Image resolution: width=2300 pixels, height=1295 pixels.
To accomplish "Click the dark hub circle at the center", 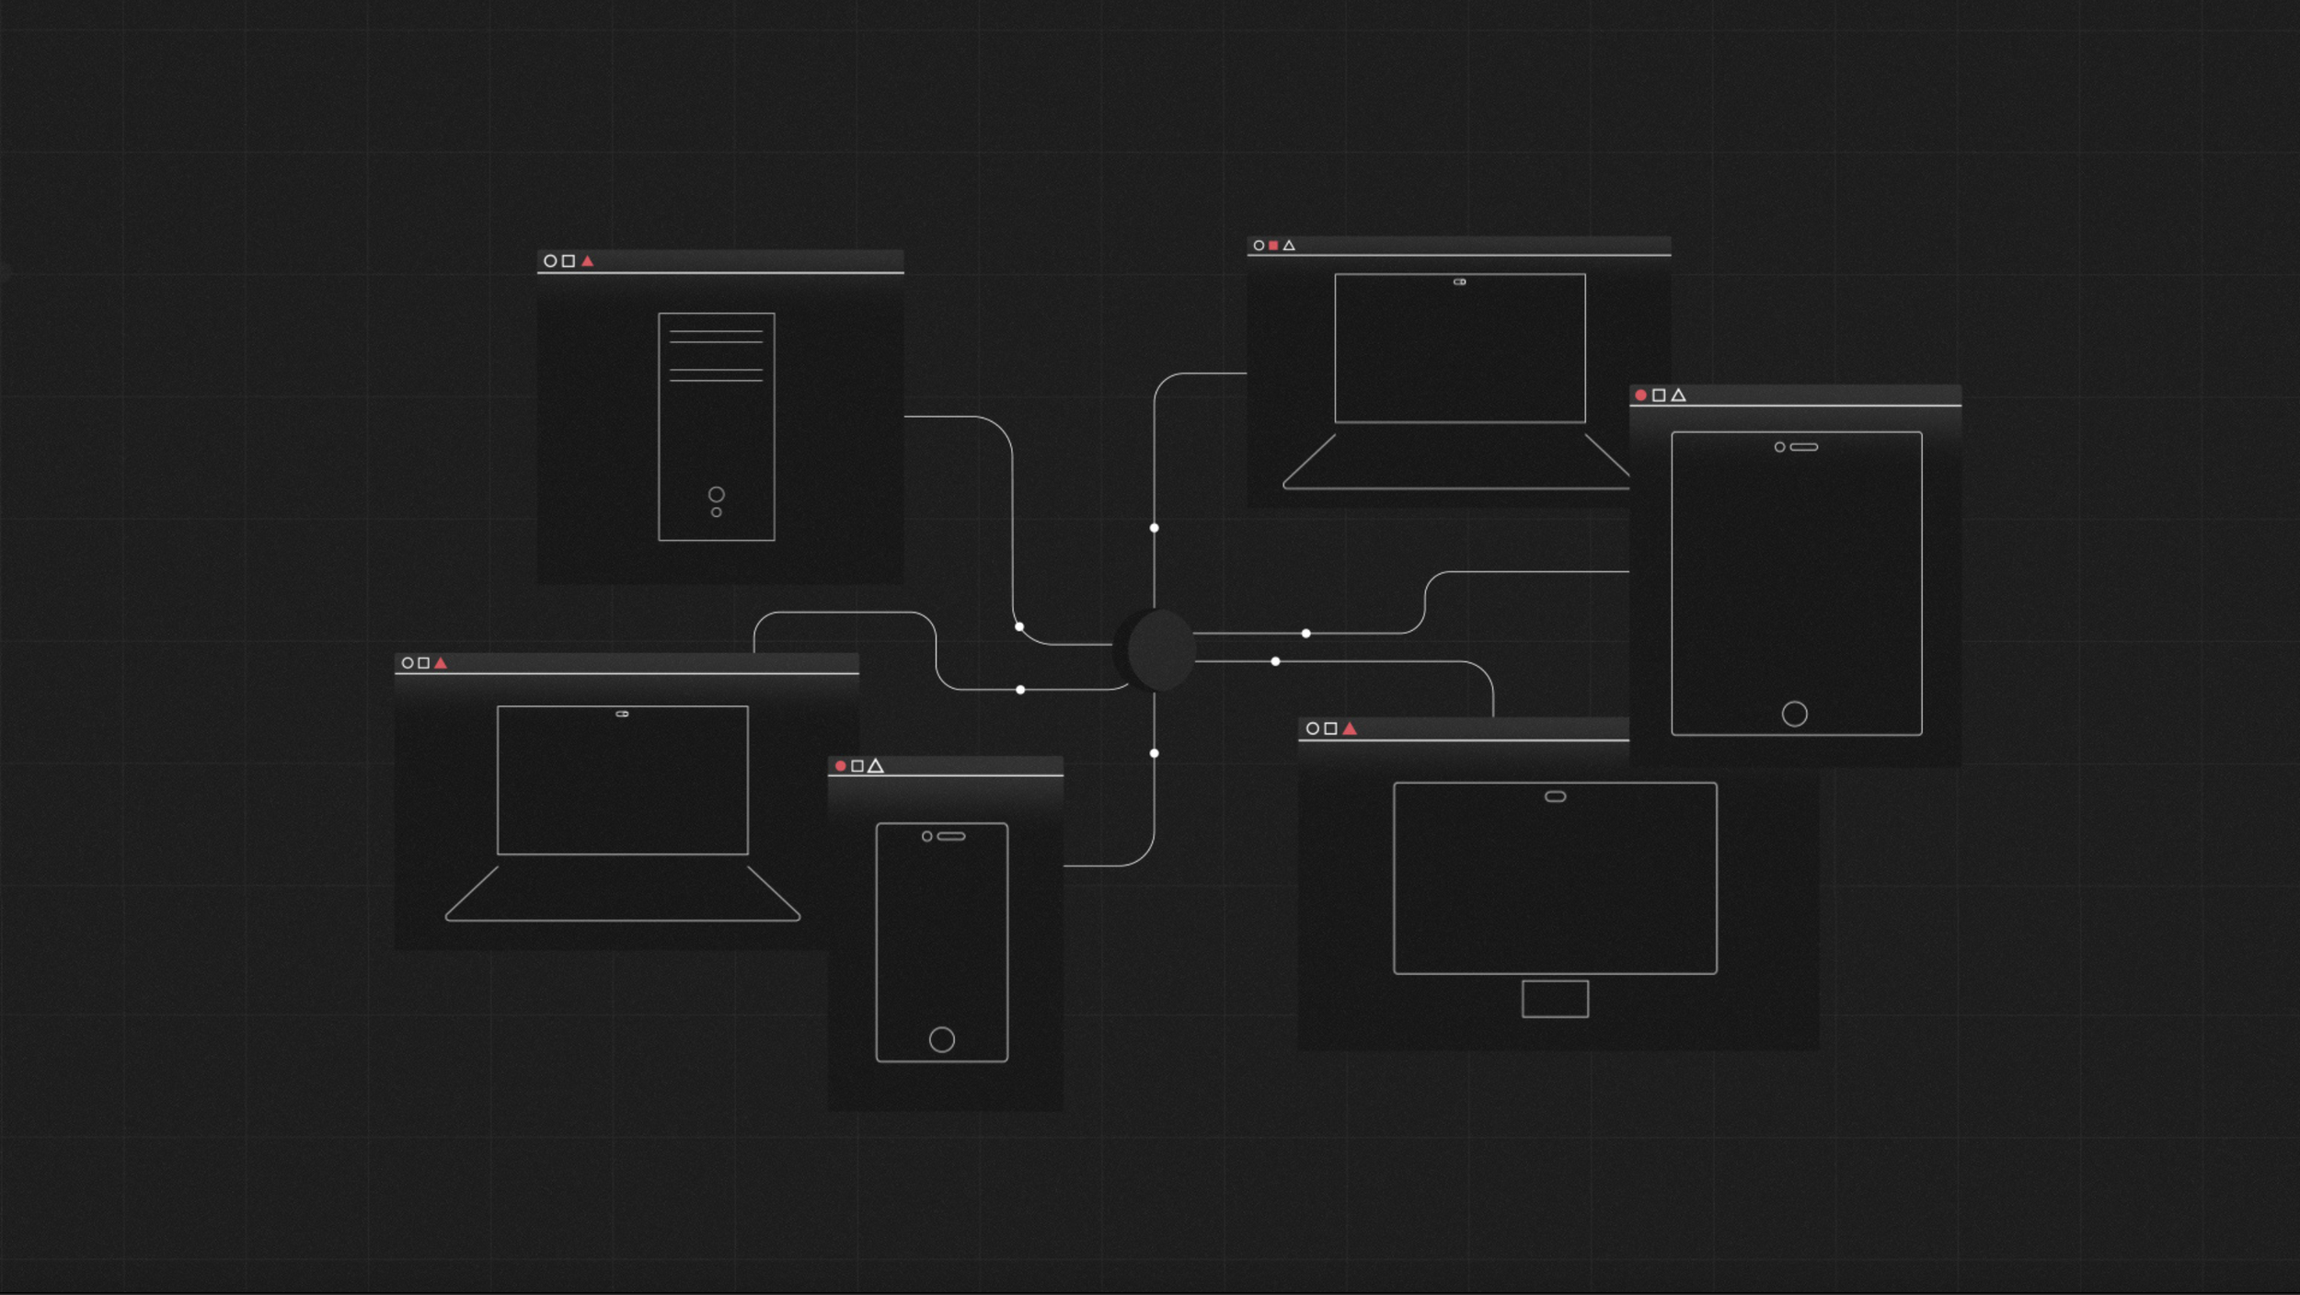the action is (1161, 649).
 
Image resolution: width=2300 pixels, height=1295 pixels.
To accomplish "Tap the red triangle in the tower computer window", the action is (588, 261).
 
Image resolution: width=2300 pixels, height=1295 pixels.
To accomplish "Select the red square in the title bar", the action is (1273, 246).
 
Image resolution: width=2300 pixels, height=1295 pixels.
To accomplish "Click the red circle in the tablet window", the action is (1640, 395).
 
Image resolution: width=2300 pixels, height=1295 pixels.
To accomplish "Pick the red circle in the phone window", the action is (840, 766).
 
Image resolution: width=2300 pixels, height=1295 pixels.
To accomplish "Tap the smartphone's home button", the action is (941, 1039).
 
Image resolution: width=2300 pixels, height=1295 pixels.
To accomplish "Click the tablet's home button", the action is (1794, 714).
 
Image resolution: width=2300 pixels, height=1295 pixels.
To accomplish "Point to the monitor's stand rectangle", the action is (1555, 999).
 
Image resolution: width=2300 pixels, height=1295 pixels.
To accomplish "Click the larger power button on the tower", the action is (716, 495).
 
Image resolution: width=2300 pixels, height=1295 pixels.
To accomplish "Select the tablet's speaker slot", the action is (1803, 448).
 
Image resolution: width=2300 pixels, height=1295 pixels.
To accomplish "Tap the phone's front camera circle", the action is (927, 837).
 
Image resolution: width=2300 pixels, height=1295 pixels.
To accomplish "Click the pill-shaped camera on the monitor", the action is (1555, 796).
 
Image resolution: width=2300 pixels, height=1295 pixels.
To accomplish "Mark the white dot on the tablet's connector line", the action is (1305, 634).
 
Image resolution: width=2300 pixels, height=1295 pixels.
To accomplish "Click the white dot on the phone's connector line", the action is (1154, 753).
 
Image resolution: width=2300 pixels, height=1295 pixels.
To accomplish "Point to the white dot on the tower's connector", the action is (1019, 627).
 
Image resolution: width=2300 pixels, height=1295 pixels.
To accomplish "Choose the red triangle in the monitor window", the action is (1350, 729).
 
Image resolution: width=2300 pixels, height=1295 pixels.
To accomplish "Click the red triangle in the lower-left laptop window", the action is (441, 663).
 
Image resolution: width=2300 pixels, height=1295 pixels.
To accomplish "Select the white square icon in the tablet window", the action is (1659, 395).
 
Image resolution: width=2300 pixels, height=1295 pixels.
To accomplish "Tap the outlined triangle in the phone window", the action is (876, 766).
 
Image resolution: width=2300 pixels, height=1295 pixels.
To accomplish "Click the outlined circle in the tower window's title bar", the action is (550, 261).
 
